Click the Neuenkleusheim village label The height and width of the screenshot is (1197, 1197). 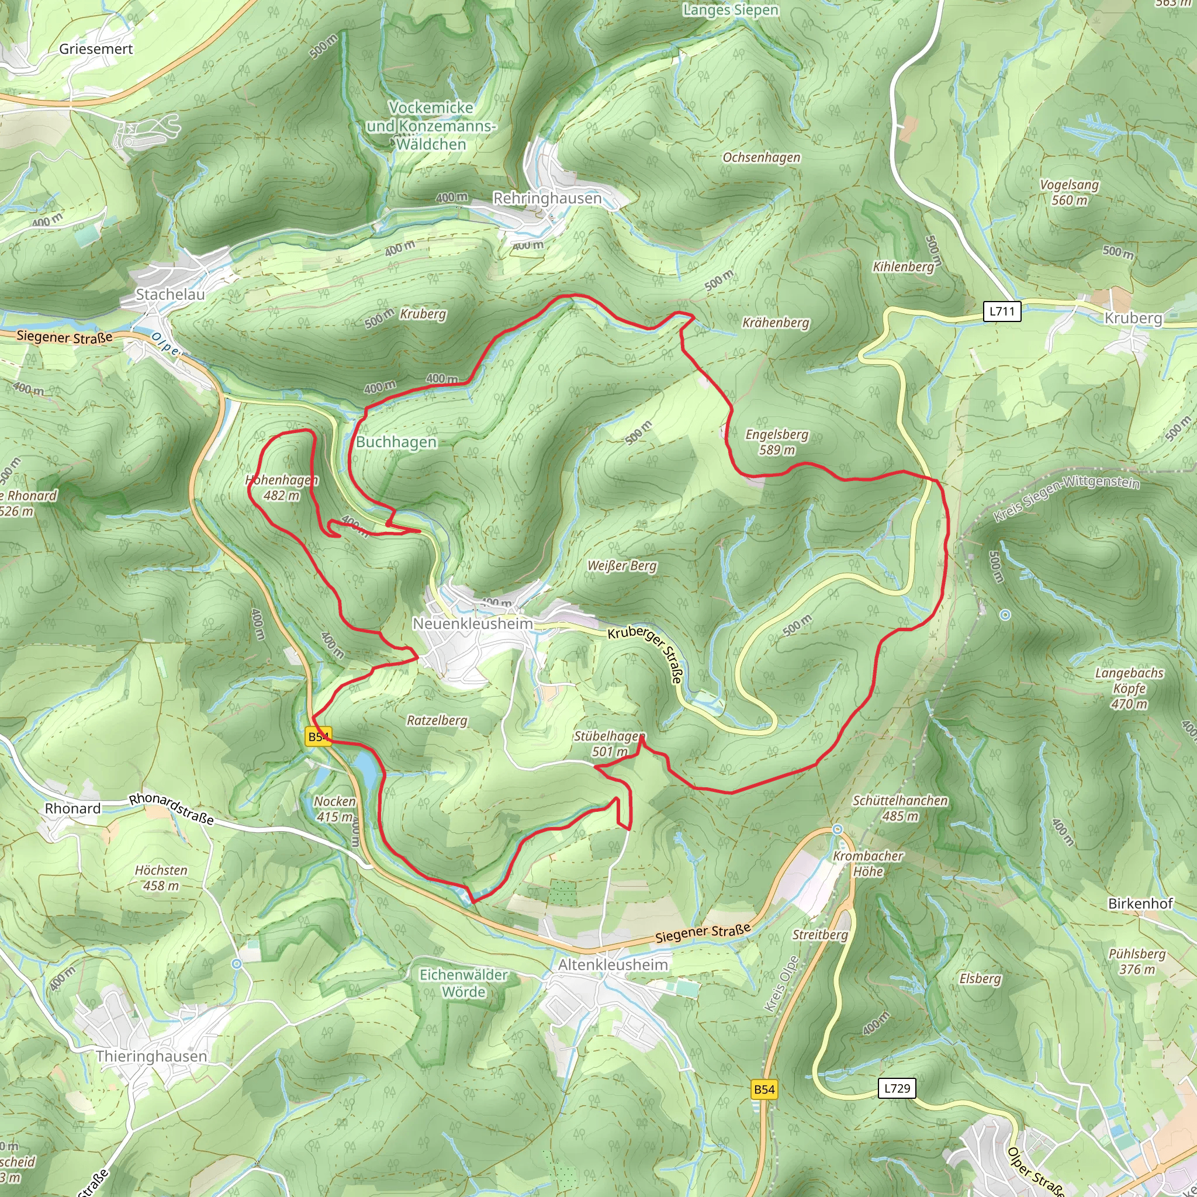[472, 623]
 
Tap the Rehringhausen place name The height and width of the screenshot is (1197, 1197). [547, 198]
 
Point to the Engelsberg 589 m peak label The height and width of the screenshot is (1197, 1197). [777, 442]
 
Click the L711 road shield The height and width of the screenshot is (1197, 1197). [1002, 311]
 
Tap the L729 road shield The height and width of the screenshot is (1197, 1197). [897, 1088]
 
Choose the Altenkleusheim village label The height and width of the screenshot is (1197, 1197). [613, 964]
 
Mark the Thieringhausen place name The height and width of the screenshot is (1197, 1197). [151, 1056]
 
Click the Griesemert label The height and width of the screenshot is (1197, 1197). [96, 49]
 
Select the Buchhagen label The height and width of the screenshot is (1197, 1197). [396, 442]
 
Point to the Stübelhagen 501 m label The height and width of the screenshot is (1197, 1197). [610, 743]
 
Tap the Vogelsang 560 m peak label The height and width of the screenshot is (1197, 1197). [1070, 192]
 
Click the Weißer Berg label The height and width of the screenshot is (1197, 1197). [622, 566]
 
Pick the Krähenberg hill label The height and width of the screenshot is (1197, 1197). [776, 323]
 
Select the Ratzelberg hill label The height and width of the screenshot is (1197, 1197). [437, 721]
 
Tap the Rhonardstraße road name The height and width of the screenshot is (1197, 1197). [172, 809]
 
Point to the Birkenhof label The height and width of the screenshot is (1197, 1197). [1140, 904]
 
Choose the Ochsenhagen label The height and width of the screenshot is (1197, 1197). [762, 157]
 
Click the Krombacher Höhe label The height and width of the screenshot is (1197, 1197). [867, 864]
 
